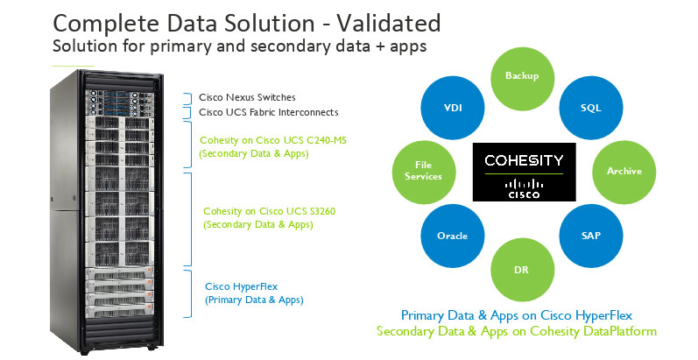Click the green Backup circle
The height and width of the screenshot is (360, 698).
pos(522,78)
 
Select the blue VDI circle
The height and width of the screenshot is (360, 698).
pos(453,108)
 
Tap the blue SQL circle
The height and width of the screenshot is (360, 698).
pos(591,108)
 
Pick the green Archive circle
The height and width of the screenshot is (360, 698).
pos(624,173)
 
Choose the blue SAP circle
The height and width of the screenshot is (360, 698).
pos(591,236)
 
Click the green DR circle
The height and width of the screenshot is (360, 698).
pos(522,270)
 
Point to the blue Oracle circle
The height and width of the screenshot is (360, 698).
pos(453,236)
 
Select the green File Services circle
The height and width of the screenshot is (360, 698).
pos(424,173)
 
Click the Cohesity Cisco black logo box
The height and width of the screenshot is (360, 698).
pos(524,173)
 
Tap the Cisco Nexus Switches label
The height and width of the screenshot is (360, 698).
pos(247,97)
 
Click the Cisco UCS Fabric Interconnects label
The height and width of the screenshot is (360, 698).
pos(268,112)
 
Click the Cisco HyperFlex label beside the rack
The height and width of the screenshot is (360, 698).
pos(241,286)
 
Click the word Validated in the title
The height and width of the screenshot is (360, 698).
pos(389,23)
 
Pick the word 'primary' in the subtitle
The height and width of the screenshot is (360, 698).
pos(180,46)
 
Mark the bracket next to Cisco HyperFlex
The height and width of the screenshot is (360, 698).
pos(187,293)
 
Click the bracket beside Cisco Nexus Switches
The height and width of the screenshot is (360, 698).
pos(187,98)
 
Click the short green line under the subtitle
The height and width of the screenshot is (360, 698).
pos(73,66)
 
